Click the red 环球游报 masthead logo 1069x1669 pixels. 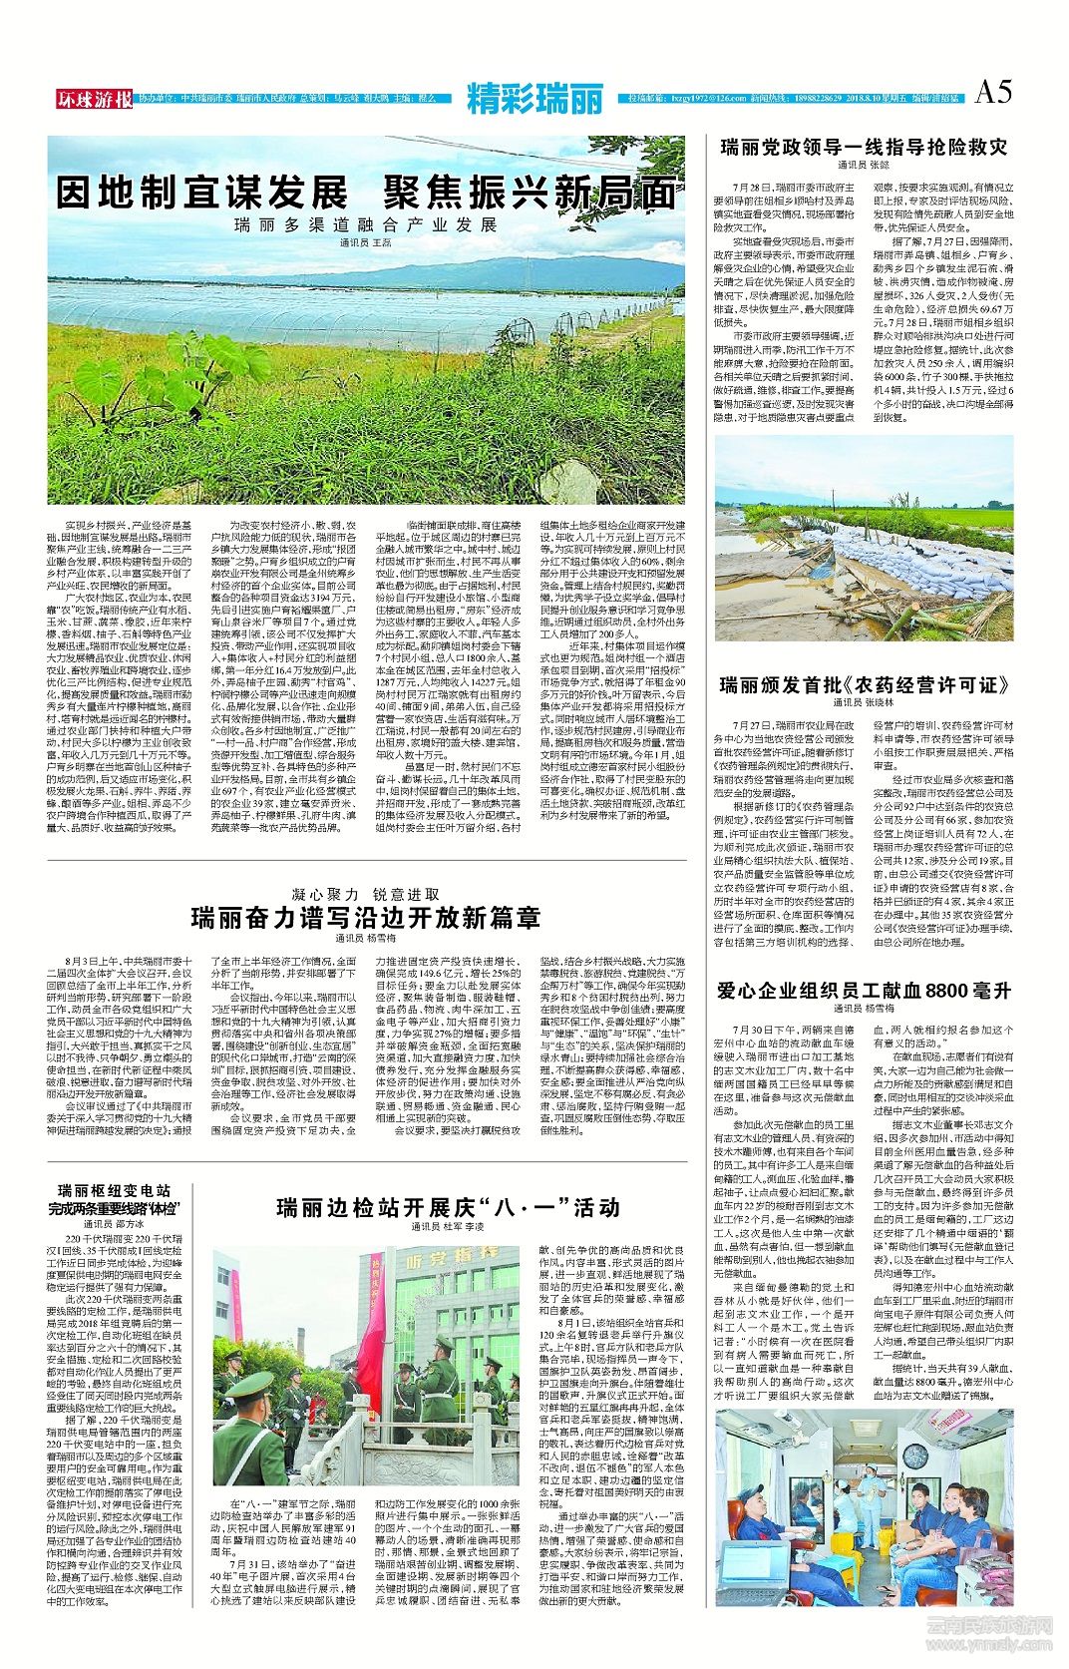pos(94,99)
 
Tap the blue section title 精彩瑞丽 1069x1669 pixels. pos(534,99)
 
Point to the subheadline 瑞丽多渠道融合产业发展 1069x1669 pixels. pos(366,224)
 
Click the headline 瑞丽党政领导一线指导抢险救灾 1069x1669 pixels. pos(864,147)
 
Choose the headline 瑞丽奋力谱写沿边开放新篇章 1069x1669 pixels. pos(366,917)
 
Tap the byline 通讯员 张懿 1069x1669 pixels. pos(864,165)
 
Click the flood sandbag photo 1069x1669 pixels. pos(864,538)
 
